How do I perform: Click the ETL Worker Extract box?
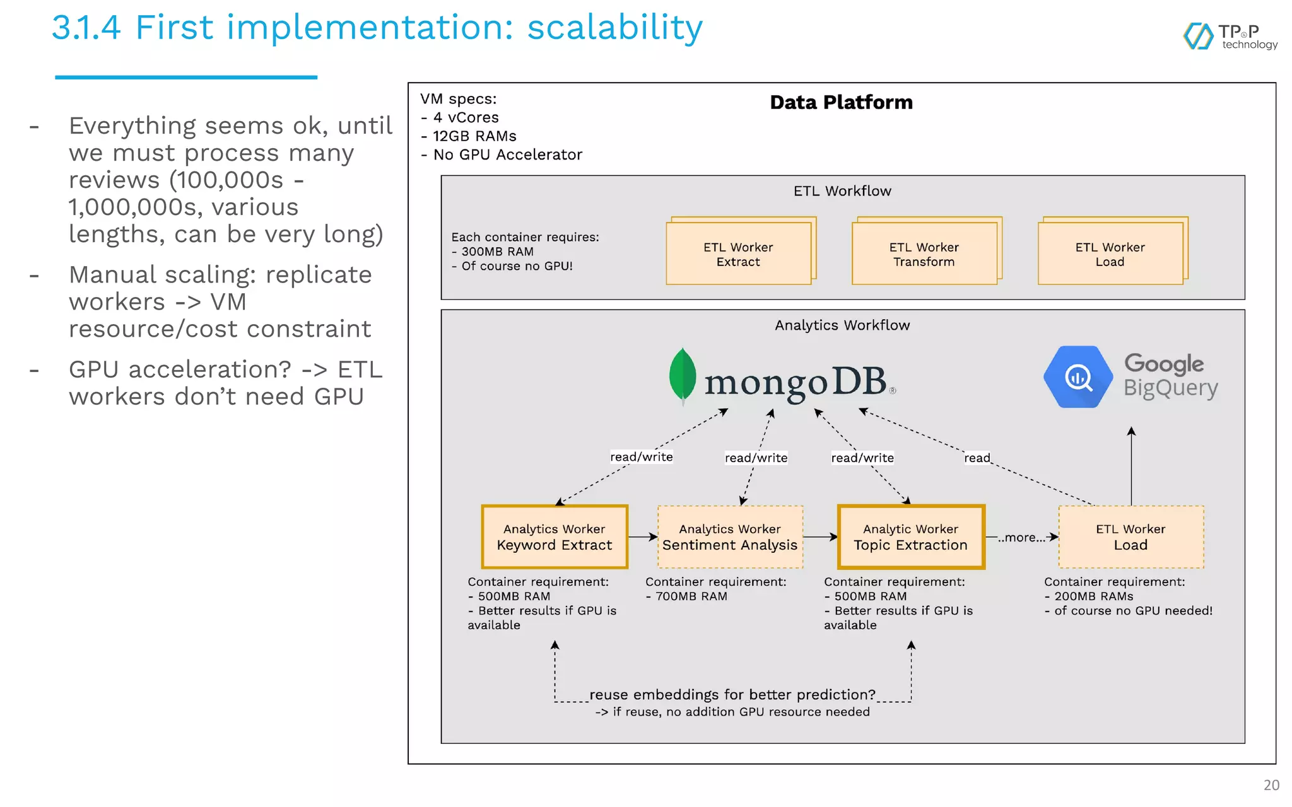click(738, 253)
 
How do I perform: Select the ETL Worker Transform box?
click(924, 253)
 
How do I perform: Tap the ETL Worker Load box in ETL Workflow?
click(1110, 253)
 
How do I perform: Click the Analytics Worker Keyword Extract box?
click(555, 537)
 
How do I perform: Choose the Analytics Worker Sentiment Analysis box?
click(730, 537)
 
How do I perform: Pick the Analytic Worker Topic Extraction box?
click(910, 537)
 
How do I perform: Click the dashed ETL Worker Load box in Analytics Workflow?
click(1130, 537)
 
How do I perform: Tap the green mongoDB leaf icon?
click(683, 375)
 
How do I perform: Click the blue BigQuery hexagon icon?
click(1078, 377)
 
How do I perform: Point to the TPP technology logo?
click(1230, 37)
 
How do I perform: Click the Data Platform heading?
click(841, 102)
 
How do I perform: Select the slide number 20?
click(1271, 785)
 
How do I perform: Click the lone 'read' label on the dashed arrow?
click(977, 458)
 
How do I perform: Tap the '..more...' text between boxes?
click(1021, 538)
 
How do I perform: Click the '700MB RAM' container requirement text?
click(691, 596)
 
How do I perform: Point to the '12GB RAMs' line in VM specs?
click(474, 136)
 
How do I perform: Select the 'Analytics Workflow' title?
click(842, 325)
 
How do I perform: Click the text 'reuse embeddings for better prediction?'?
click(732, 695)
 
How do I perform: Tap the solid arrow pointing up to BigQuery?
click(1131, 467)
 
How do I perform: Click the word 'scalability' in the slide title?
click(614, 28)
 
